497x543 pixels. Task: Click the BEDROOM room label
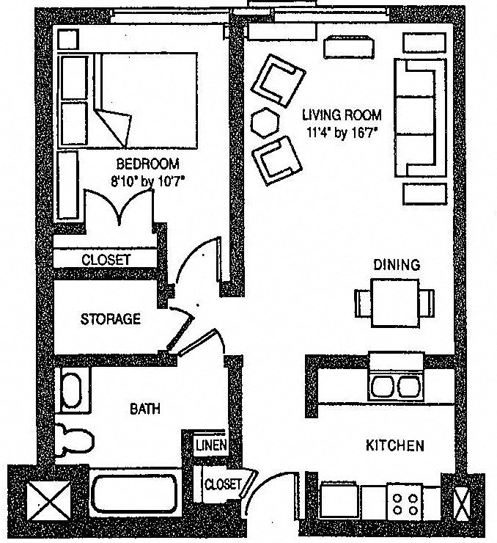tap(147, 164)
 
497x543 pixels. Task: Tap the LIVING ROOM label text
tap(342, 115)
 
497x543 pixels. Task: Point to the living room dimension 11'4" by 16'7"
tap(342, 132)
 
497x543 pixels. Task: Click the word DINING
tap(397, 265)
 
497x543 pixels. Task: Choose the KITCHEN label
tap(394, 445)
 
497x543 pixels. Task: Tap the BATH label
tap(145, 409)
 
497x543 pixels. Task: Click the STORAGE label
tap(110, 319)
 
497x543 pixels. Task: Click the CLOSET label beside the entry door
tap(222, 484)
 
